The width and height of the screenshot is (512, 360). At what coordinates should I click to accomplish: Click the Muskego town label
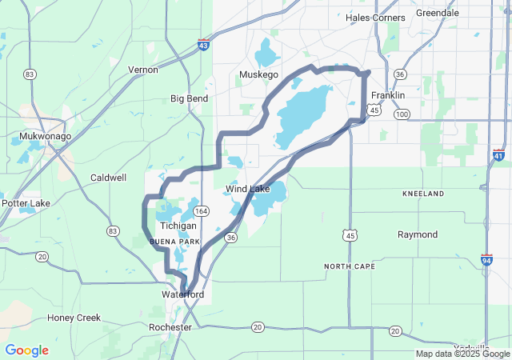[x=258, y=75]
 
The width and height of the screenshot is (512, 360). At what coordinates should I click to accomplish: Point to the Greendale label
[x=438, y=13]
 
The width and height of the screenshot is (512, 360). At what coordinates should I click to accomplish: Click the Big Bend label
[x=189, y=98]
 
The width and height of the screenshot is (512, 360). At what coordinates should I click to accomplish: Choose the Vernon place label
[x=143, y=70]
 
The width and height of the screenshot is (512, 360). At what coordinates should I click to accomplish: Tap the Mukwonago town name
[x=45, y=136]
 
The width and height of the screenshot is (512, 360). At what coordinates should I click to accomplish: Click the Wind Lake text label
[x=247, y=189]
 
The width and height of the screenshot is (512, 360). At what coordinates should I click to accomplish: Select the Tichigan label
[x=178, y=226]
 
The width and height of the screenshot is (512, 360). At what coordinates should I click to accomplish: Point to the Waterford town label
[x=182, y=295]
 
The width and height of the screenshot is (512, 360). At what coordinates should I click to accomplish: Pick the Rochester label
[x=170, y=328]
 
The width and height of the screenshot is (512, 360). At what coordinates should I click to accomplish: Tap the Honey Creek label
[x=74, y=318]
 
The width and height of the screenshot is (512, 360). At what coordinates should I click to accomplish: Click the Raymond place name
[x=418, y=234]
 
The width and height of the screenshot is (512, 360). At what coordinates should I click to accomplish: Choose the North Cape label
[x=350, y=266]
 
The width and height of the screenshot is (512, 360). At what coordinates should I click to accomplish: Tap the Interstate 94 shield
[x=486, y=260]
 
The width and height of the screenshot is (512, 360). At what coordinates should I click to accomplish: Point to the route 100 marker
[x=402, y=114]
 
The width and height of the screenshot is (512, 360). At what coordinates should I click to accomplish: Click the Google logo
[x=26, y=350]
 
